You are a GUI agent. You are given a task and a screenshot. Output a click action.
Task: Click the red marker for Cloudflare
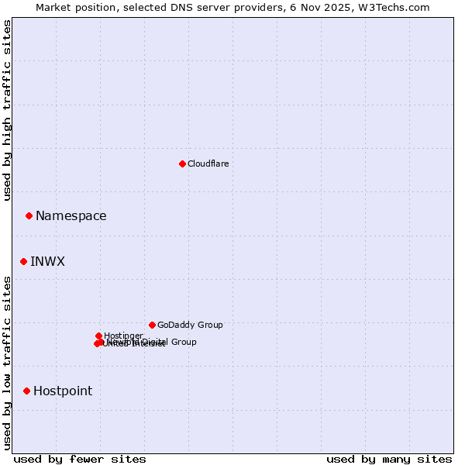[x=182, y=164]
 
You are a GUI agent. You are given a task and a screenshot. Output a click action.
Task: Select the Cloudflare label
[x=208, y=164]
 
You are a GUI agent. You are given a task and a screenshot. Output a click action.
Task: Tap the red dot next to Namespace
[x=29, y=215]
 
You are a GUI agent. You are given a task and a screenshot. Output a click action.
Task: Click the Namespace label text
[x=71, y=216]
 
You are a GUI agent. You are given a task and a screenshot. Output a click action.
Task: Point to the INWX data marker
[x=23, y=261]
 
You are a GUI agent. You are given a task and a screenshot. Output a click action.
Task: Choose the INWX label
[x=48, y=262]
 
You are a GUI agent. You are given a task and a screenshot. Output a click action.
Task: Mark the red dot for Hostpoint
[x=26, y=391]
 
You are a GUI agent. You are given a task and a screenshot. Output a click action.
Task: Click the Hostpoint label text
[x=63, y=391]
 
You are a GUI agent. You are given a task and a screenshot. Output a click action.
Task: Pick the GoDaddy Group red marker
[x=152, y=325]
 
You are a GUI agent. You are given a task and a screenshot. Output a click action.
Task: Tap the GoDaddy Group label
[x=190, y=325]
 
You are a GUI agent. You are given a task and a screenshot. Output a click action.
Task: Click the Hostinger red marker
[x=98, y=336]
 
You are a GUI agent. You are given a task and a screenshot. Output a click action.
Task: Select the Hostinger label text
[x=123, y=336]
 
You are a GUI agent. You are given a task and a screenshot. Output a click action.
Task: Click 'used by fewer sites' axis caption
[x=80, y=459]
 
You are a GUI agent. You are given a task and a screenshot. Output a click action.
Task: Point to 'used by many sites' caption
[x=389, y=459]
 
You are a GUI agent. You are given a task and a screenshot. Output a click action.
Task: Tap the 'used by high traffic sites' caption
[x=8, y=110]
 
